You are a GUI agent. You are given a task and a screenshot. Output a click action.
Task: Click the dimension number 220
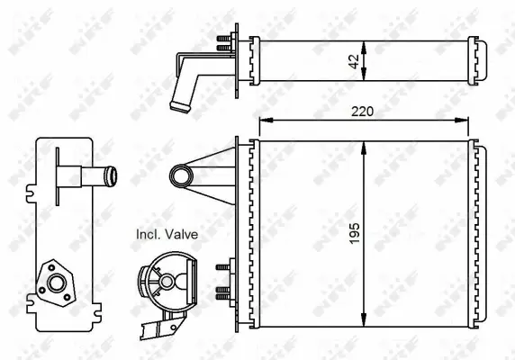tap(364, 112)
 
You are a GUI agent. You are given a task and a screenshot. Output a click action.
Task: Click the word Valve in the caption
tap(179, 234)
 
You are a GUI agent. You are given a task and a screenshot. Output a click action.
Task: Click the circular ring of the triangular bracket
tap(180, 173)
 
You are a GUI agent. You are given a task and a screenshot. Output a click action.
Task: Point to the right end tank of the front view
tap(476, 233)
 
